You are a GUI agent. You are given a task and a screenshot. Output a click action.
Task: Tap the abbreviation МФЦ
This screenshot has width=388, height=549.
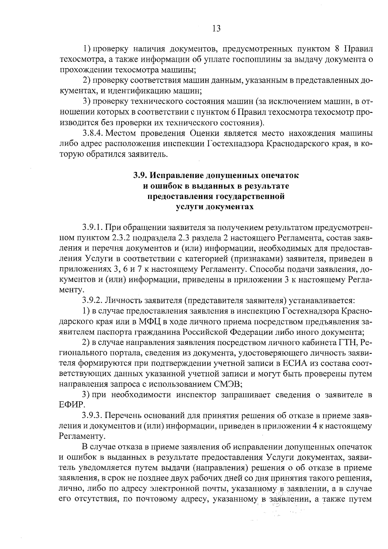click(141, 322)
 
